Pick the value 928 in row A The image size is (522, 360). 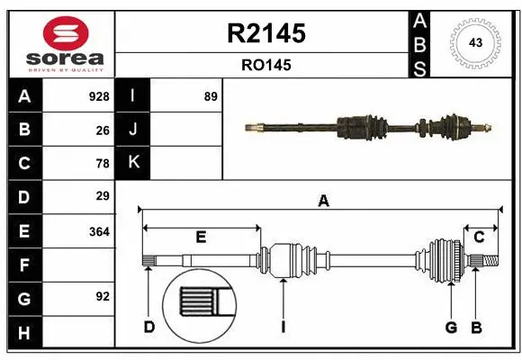(x=99, y=96)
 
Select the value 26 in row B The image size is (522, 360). (x=103, y=130)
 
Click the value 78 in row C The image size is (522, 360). (x=103, y=163)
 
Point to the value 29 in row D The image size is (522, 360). (x=103, y=196)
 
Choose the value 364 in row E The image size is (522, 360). (x=99, y=230)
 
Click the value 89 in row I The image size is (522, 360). (x=211, y=96)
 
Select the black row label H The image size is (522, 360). (x=23, y=332)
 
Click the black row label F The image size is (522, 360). (x=23, y=265)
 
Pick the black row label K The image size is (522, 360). (x=134, y=163)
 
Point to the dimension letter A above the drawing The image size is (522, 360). (x=323, y=202)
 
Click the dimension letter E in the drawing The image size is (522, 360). (x=201, y=237)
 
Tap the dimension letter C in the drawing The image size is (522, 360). (x=479, y=237)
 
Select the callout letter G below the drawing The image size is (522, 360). (x=451, y=327)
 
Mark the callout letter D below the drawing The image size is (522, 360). (x=149, y=327)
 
